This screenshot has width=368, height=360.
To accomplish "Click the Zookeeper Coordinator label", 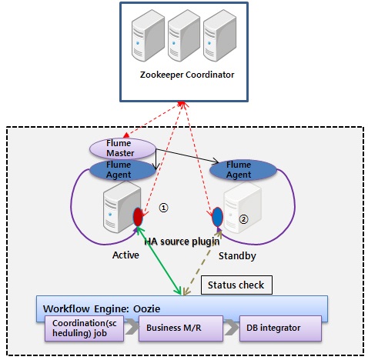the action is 187,75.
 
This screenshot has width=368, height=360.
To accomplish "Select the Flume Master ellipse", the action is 122,148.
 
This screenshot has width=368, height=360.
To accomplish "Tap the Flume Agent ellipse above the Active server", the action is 122,170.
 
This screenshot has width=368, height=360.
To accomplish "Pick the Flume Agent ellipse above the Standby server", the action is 243,170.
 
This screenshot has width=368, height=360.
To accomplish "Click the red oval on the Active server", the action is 138,217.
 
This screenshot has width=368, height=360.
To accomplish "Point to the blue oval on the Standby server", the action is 217,217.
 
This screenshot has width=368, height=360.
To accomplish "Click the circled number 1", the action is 163,208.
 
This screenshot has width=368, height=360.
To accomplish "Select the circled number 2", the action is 243,219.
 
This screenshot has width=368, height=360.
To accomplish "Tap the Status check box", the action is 236,285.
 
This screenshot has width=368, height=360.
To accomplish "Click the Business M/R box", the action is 181,328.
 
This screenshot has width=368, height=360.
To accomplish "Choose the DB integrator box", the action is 280,328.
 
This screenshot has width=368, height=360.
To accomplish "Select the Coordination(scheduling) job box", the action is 84,328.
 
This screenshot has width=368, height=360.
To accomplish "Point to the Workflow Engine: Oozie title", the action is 102,308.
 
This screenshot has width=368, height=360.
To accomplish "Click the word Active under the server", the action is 125,255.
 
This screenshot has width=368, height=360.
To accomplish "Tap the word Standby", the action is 237,256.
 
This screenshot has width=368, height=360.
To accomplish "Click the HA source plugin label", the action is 182,242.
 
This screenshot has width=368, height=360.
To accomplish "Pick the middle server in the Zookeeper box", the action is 184,35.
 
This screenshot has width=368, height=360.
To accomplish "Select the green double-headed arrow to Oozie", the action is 159,261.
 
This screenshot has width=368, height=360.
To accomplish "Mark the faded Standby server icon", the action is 243,208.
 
